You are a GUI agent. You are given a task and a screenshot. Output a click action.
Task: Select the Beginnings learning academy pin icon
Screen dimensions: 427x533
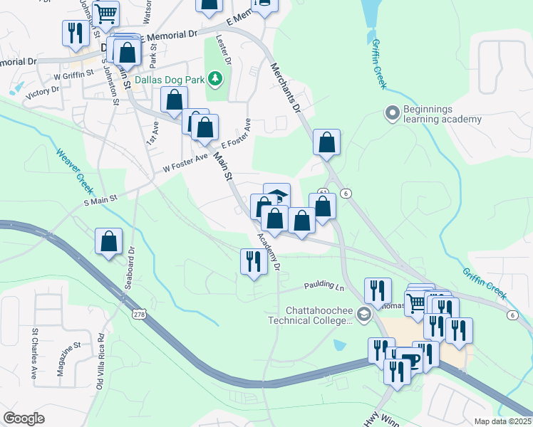391,112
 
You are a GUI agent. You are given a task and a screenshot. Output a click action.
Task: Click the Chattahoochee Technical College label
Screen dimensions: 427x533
319,315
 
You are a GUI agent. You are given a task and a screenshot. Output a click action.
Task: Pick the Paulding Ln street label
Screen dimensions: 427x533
324,285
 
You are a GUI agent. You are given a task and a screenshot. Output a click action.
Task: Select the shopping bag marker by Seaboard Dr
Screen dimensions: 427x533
109,241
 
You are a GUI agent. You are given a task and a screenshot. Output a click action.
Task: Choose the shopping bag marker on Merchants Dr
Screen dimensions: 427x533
326,142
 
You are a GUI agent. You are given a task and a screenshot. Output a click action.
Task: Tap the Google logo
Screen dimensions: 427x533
24,418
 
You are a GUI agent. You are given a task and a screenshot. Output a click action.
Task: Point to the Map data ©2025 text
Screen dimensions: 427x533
502,421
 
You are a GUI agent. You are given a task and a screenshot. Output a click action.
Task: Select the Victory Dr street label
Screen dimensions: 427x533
42,92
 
